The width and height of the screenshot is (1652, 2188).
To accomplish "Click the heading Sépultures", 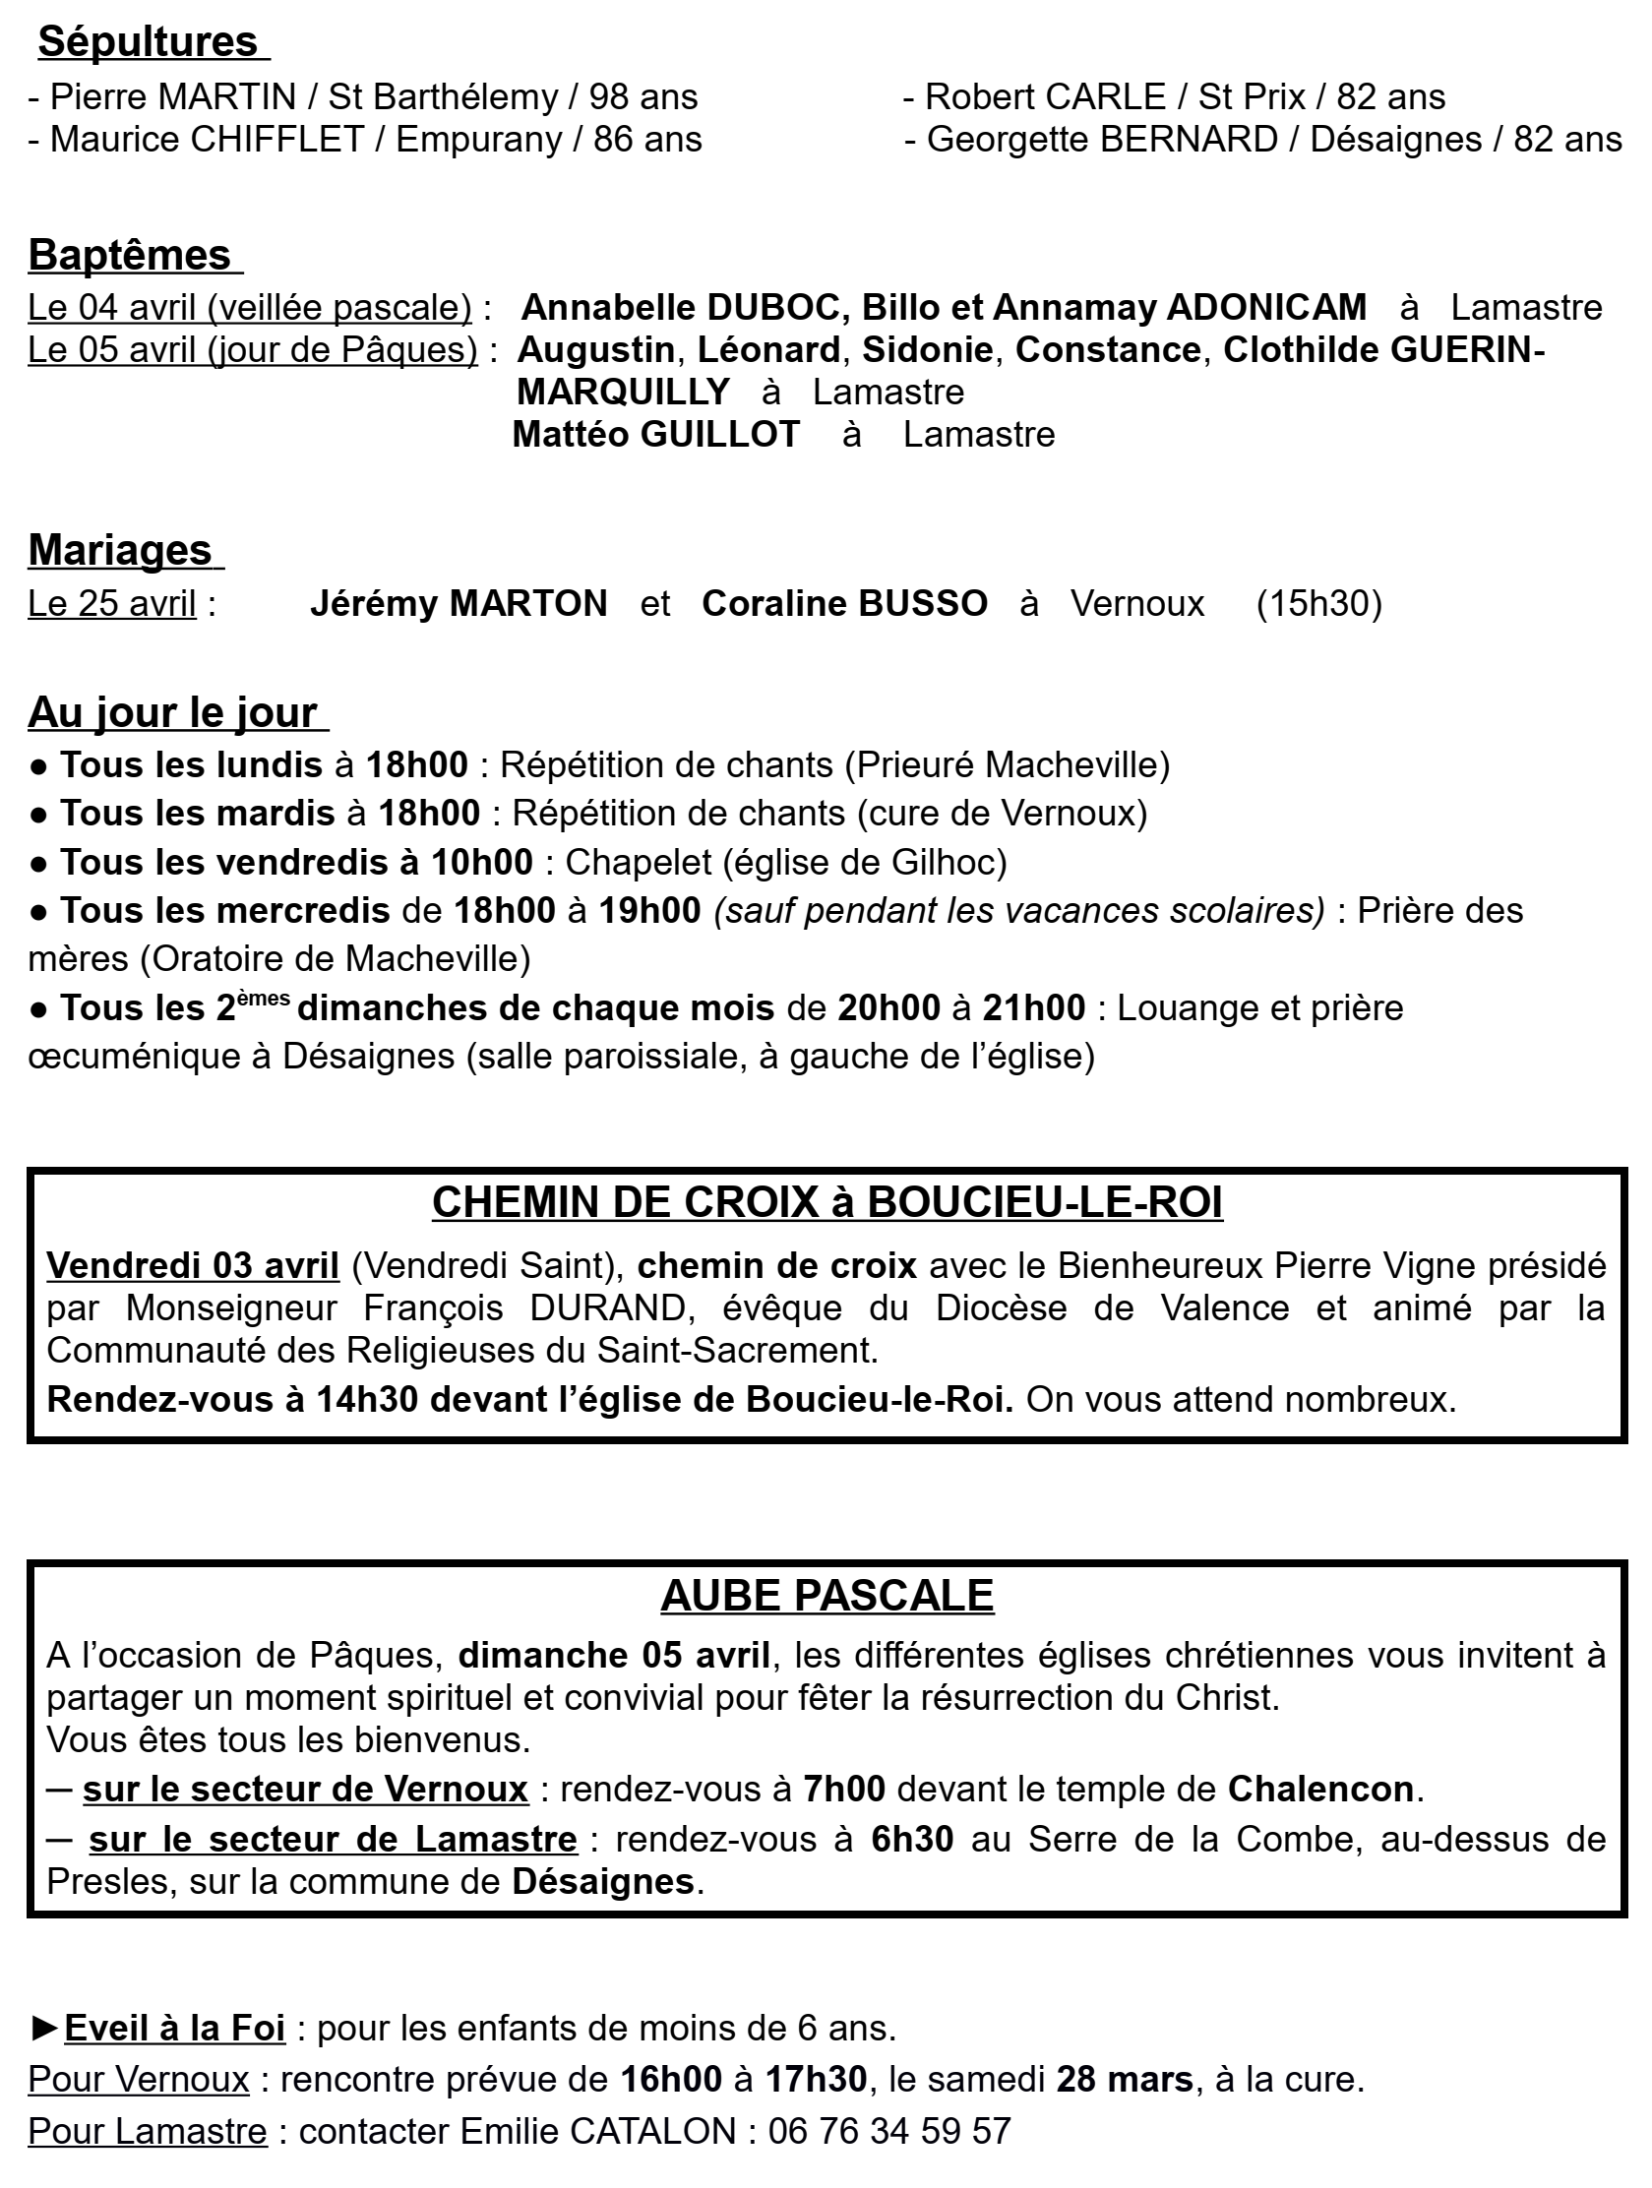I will coord(148,42).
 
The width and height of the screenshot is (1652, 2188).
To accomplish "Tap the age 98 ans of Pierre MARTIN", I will coord(643,97).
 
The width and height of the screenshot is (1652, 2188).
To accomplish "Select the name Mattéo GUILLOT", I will coord(656,434).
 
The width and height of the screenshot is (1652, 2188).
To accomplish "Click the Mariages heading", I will coord(121,550).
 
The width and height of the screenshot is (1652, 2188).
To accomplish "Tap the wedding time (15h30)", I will coord(1318,603).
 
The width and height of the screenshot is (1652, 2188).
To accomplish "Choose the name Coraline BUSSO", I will coord(845,603).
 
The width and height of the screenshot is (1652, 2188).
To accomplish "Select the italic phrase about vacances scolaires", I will coord(1019,911).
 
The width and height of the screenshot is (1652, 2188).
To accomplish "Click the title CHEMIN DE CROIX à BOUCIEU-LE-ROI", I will coord(827,1203).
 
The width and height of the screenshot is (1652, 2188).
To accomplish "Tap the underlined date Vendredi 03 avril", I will coord(193,1266).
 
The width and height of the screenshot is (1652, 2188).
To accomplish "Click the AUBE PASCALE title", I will coord(827,1596).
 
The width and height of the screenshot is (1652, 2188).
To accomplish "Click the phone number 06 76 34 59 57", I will coord(889,2131).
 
